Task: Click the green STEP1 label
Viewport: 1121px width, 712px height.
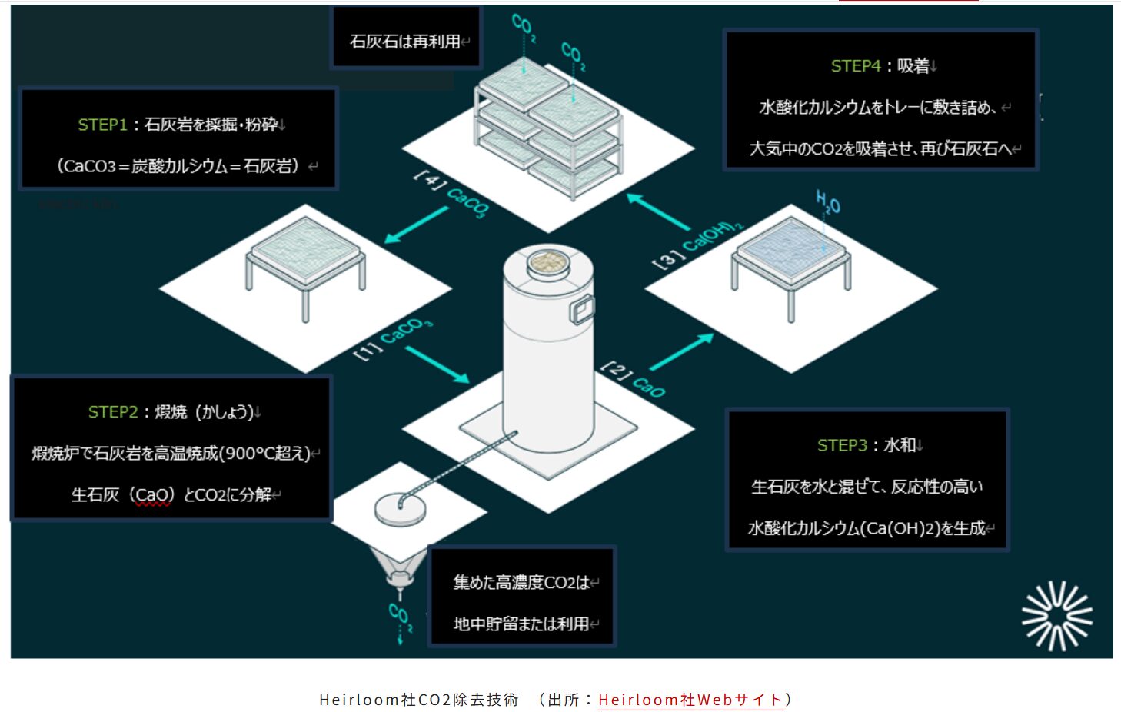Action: (x=102, y=125)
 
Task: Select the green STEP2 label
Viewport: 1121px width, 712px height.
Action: (x=113, y=412)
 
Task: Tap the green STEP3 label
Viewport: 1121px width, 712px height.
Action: (x=842, y=445)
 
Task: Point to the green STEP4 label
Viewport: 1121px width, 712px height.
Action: (x=856, y=65)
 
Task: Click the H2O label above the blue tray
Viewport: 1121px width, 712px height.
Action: (x=828, y=201)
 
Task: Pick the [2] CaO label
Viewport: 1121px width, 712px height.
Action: (x=633, y=379)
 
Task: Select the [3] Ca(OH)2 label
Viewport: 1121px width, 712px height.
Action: (x=698, y=245)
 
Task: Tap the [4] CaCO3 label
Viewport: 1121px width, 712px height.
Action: (x=451, y=194)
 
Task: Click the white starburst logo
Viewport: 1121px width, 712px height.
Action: (x=1057, y=616)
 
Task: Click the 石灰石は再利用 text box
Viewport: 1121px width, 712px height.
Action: (x=406, y=38)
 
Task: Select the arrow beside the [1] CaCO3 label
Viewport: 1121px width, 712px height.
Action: (x=437, y=364)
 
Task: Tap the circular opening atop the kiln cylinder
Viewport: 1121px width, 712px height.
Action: (x=548, y=262)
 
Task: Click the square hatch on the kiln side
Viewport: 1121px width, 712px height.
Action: (x=582, y=310)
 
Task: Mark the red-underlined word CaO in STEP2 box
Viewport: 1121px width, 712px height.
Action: (x=153, y=495)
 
